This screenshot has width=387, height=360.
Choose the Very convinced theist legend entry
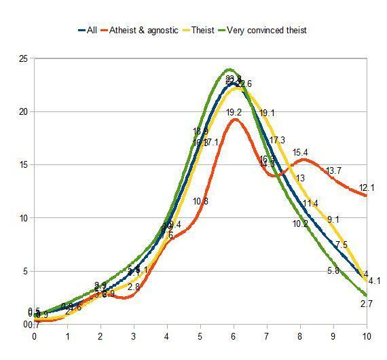(x=266, y=30)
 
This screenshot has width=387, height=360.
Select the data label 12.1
(x=367, y=187)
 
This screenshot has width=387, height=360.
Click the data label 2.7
(x=367, y=304)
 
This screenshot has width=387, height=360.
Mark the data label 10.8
(x=200, y=201)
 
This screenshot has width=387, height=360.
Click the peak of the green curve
(x=229, y=69)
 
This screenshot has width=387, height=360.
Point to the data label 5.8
(x=333, y=270)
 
